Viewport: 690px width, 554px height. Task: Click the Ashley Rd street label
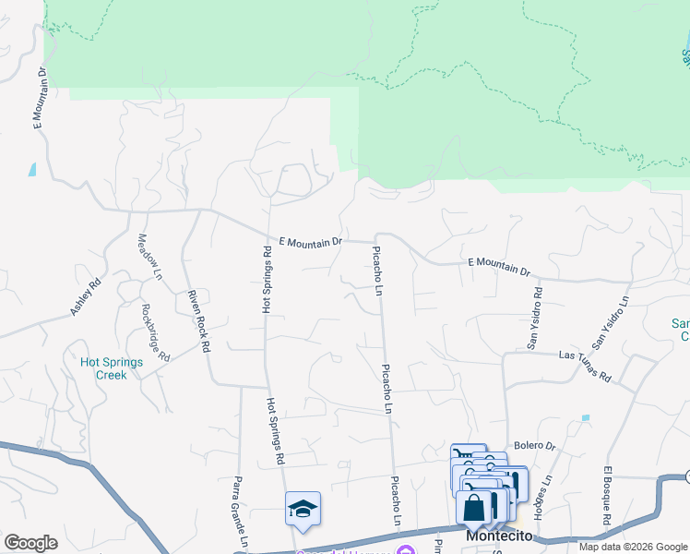[x=85, y=299]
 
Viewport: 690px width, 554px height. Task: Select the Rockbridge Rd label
[x=156, y=331]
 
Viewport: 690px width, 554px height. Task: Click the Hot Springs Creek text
[x=111, y=368]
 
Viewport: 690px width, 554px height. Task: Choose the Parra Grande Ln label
[x=239, y=511]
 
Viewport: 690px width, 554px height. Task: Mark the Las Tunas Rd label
[x=586, y=366]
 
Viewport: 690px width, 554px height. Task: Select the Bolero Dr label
[x=535, y=445]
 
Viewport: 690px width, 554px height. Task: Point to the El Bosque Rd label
[x=608, y=495]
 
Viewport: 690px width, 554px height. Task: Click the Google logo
[x=30, y=543]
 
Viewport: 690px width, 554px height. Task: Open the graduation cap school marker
[x=303, y=509]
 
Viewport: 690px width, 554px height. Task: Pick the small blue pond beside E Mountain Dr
[x=33, y=169]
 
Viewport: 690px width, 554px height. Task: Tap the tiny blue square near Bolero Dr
[x=585, y=418]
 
